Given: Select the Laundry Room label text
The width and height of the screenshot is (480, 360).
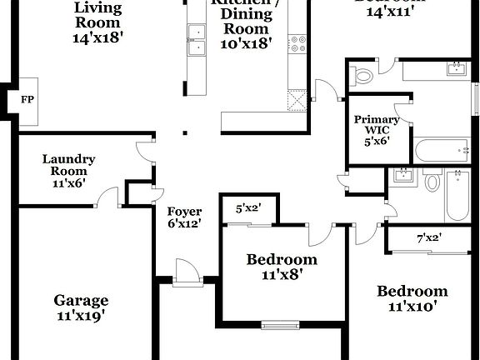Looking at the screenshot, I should coord(68,172).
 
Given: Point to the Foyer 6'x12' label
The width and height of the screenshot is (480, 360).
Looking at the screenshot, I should coord(184,217).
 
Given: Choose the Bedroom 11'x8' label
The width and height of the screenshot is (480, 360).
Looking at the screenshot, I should coord(281,267).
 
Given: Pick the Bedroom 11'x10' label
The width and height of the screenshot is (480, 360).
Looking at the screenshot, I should coord(412,297).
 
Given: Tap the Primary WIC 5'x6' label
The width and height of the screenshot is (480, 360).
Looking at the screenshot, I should coord(377,131).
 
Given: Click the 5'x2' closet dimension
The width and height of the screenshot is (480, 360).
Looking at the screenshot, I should coord(247,209).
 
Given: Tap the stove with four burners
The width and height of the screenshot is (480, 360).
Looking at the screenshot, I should coord(297,43).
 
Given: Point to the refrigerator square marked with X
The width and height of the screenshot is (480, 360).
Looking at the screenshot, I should coord(297,100).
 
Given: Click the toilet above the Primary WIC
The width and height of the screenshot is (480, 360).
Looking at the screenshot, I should coord(363,77).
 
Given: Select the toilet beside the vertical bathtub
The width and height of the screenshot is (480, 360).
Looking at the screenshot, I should coord(432,180).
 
